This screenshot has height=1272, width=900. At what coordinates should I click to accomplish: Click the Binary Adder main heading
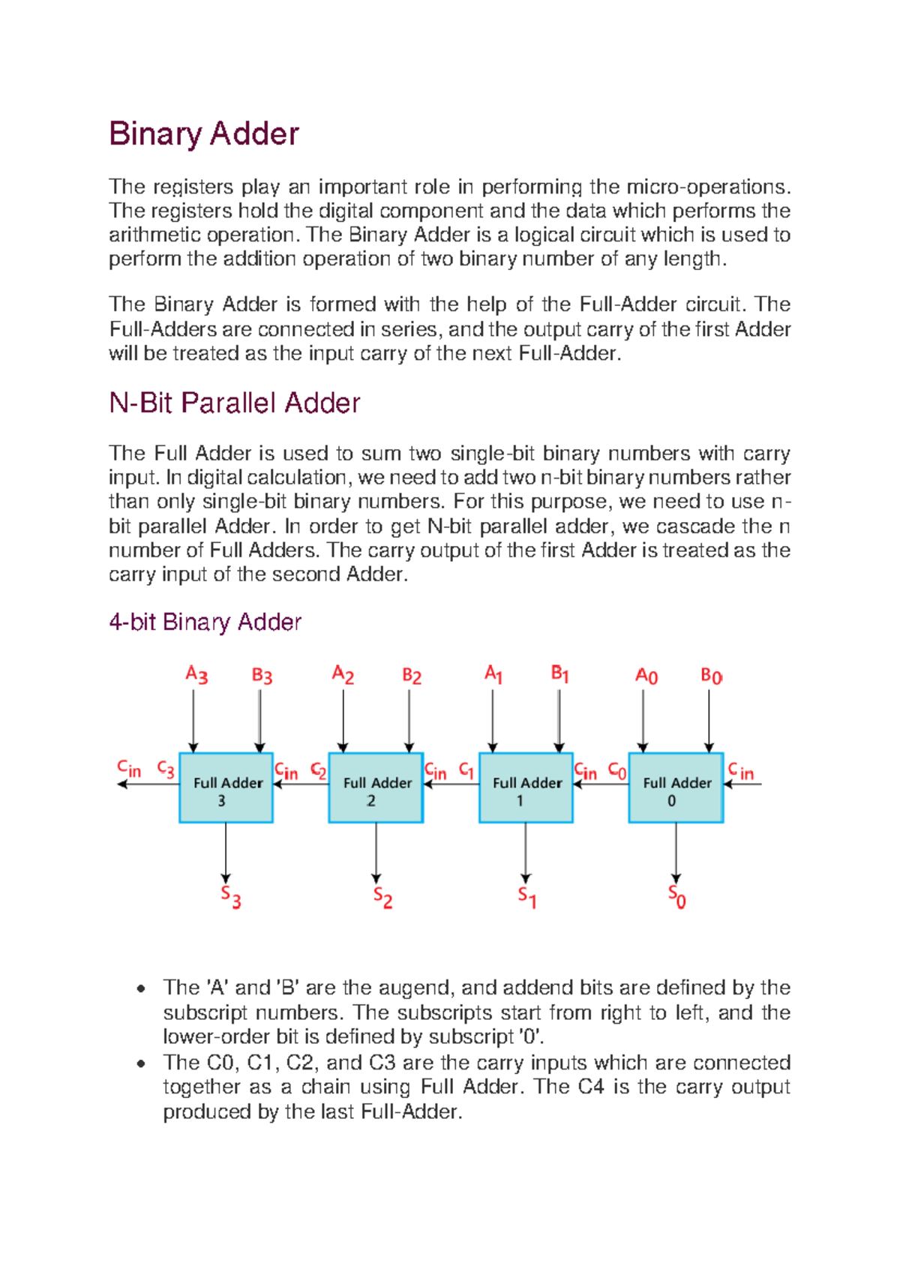pyautogui.click(x=204, y=134)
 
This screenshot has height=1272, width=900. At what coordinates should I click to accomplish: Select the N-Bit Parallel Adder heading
pyautogui.click(x=234, y=403)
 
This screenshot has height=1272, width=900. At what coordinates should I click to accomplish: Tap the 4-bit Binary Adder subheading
pyautogui.click(x=205, y=622)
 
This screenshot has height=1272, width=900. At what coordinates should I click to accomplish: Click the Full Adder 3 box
pyautogui.click(x=226, y=788)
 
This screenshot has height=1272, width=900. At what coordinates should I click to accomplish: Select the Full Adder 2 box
pyautogui.click(x=376, y=788)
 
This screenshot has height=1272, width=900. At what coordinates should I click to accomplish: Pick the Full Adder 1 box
pyautogui.click(x=526, y=788)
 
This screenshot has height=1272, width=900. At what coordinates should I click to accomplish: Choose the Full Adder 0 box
pyautogui.click(x=676, y=788)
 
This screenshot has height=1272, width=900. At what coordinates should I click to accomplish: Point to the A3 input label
pyautogui.click(x=196, y=675)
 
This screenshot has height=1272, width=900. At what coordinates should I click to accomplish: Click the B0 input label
pyautogui.click(x=711, y=676)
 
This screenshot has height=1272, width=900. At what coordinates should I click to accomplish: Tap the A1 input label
pyautogui.click(x=493, y=674)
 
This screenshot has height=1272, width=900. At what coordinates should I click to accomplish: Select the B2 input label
pyautogui.click(x=412, y=676)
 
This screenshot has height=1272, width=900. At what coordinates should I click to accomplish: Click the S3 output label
pyautogui.click(x=230, y=897)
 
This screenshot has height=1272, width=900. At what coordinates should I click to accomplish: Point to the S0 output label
pyautogui.click(x=676, y=897)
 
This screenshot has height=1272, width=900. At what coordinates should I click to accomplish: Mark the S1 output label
pyautogui.click(x=526, y=897)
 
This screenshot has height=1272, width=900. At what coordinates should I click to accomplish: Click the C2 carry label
pyautogui.click(x=319, y=770)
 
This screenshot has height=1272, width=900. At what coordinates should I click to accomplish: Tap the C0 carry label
pyautogui.click(x=617, y=770)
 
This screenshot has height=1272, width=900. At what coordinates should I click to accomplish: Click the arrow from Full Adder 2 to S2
pyautogui.click(x=376, y=851)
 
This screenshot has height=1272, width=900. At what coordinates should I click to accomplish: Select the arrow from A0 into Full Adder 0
pyautogui.click(x=643, y=720)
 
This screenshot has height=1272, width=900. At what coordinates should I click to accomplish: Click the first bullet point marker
pyautogui.click(x=140, y=988)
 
